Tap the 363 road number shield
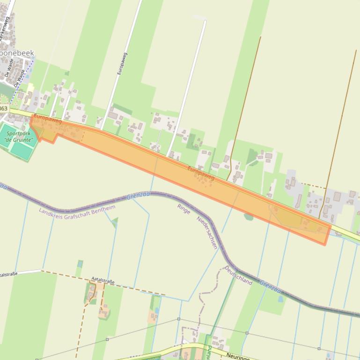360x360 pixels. click(4, 108)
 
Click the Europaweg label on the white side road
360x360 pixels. click(122, 64)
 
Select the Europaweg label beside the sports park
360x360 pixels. click(48, 119)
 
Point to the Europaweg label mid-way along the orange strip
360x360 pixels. click(201, 173)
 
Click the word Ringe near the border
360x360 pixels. click(184, 209)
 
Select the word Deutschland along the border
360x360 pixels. click(238, 275)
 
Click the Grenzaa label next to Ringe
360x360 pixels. click(139, 196)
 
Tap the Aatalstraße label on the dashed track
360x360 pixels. click(103, 281)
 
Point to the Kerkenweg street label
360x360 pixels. click(6, 33)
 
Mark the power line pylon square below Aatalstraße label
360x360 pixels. click(107, 339)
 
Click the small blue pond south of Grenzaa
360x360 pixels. click(281, 299)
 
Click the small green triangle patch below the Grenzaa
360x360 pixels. click(114, 221)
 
